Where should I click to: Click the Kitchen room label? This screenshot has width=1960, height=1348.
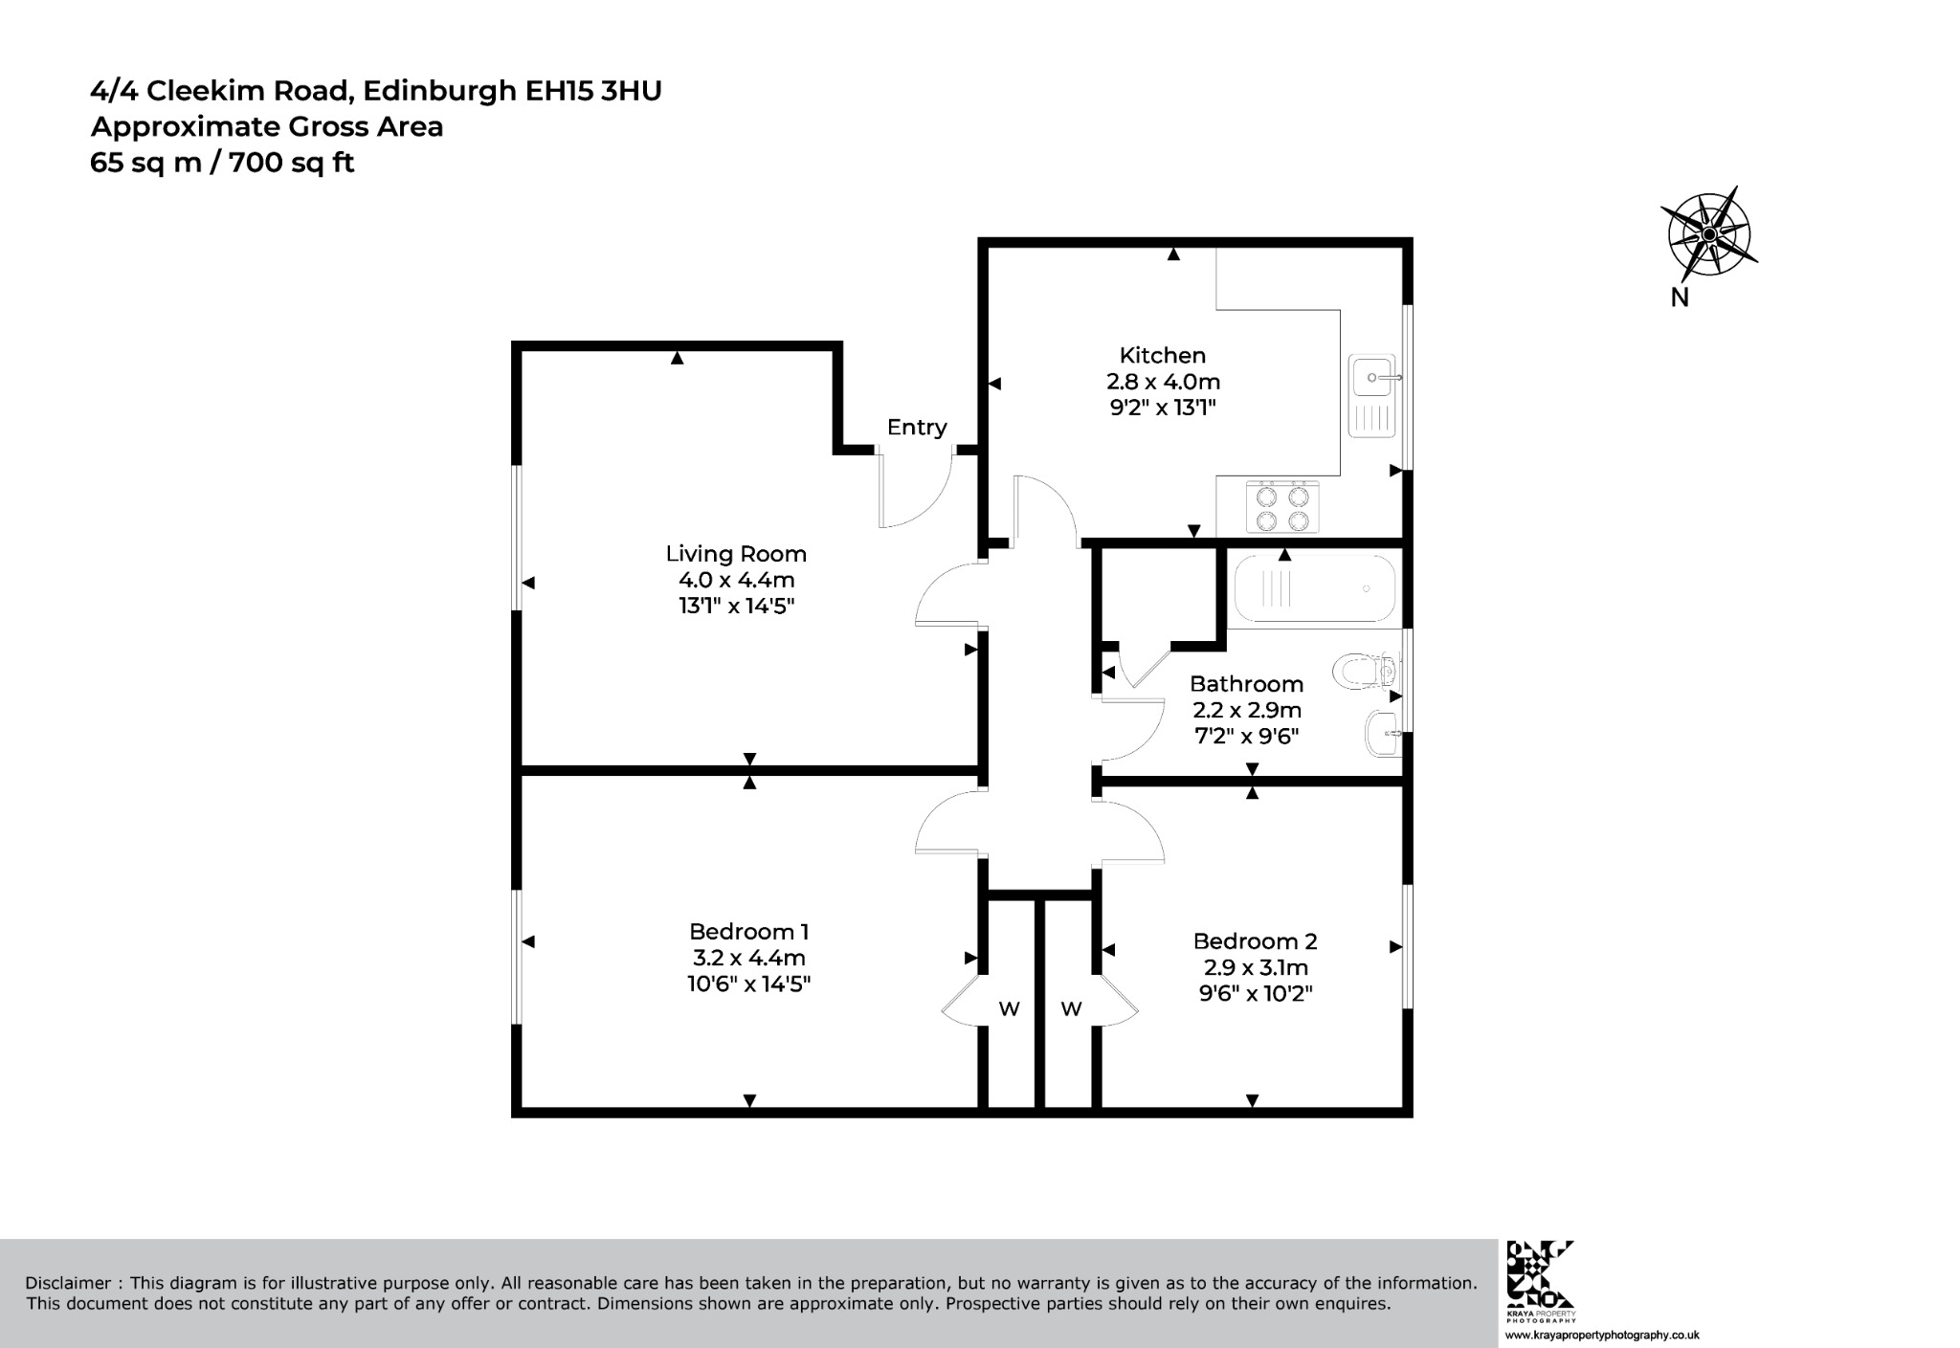point(1163,355)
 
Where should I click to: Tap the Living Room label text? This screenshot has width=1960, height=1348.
point(736,554)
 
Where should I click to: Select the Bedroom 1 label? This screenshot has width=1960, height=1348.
point(749,932)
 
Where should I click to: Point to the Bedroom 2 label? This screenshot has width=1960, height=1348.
point(1255,941)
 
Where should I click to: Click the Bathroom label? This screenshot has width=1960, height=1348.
point(1246,684)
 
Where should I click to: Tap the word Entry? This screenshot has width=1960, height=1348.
point(917,428)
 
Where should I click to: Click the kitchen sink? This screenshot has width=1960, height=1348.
point(1373,396)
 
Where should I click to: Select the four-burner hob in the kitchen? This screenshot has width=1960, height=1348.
point(1283,507)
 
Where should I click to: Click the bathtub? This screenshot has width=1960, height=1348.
point(1315,588)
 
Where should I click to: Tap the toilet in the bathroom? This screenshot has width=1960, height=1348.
point(1366,671)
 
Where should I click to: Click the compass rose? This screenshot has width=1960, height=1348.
point(1709,234)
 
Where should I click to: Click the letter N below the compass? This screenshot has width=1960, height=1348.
point(1680,298)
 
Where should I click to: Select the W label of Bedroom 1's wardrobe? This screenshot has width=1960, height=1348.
point(1010,1008)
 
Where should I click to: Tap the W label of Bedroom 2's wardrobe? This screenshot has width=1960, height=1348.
point(1071,1008)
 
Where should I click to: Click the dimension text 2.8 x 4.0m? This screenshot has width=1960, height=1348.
point(1163,382)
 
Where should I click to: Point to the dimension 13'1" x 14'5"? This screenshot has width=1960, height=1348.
point(736,606)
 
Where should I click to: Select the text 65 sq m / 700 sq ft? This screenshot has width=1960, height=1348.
point(222,164)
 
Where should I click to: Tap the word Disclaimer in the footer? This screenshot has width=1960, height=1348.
point(67,1283)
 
